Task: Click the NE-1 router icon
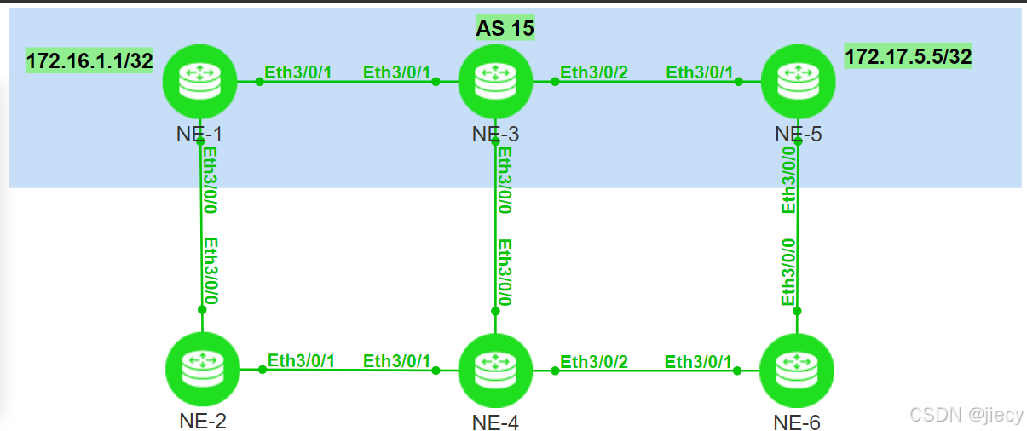tap(200, 82)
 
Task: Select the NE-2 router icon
tap(203, 370)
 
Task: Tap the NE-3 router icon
tap(495, 82)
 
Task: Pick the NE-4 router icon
tap(495, 371)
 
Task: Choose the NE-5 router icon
tap(797, 82)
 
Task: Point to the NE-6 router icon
tap(797, 371)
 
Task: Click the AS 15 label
tap(505, 28)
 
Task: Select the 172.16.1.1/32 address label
tap(89, 61)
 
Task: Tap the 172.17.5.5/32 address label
tap(909, 57)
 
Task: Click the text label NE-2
tap(203, 419)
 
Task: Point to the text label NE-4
tap(495, 422)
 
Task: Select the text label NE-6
tap(797, 422)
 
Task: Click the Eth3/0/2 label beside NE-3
tap(594, 72)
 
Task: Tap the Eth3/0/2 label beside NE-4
tap(594, 362)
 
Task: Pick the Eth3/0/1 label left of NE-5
tap(699, 72)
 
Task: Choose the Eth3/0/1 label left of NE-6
tap(698, 362)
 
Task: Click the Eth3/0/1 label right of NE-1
tap(297, 72)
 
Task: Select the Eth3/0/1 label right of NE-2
tap(301, 361)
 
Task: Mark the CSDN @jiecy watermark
tap(966, 415)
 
